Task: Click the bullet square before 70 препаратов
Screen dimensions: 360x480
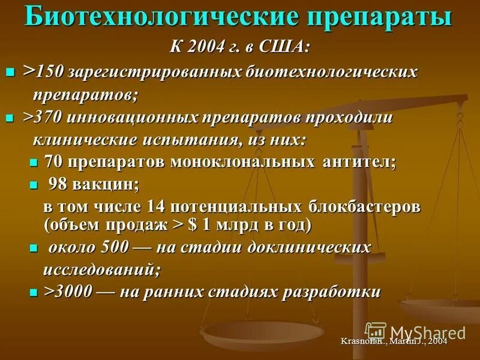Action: point(34,163)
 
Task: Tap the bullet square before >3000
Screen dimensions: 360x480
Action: point(34,293)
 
